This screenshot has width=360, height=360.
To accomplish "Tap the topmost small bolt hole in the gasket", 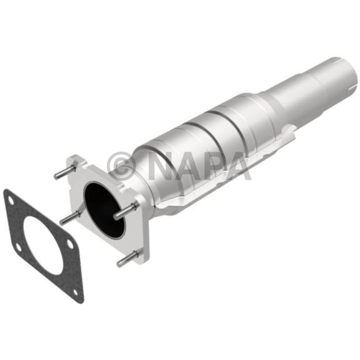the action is point(10,201).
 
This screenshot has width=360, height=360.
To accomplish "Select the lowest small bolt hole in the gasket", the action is point(75,292).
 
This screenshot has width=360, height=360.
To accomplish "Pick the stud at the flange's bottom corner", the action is point(128,259).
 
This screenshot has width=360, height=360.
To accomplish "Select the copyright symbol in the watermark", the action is point(121,165).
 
